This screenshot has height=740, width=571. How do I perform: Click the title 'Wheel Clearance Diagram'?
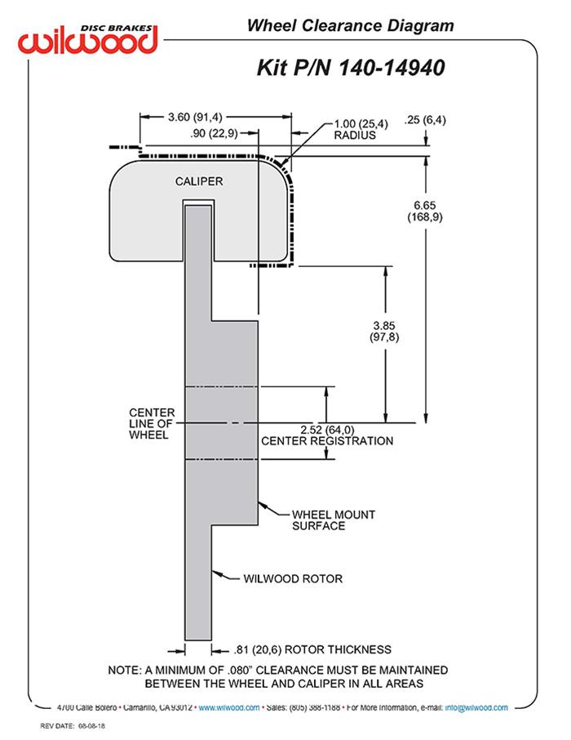pyautogui.click(x=350, y=26)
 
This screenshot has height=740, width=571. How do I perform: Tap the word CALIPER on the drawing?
pyautogui.click(x=199, y=181)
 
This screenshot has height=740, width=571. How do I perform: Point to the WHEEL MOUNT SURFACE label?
pyautogui.click(x=333, y=520)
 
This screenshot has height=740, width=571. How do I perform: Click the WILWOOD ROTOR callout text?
pyautogui.click(x=293, y=579)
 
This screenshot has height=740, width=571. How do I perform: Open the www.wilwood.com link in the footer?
pyautogui.click(x=229, y=707)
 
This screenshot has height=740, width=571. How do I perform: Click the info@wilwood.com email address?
pyautogui.click(x=476, y=707)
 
